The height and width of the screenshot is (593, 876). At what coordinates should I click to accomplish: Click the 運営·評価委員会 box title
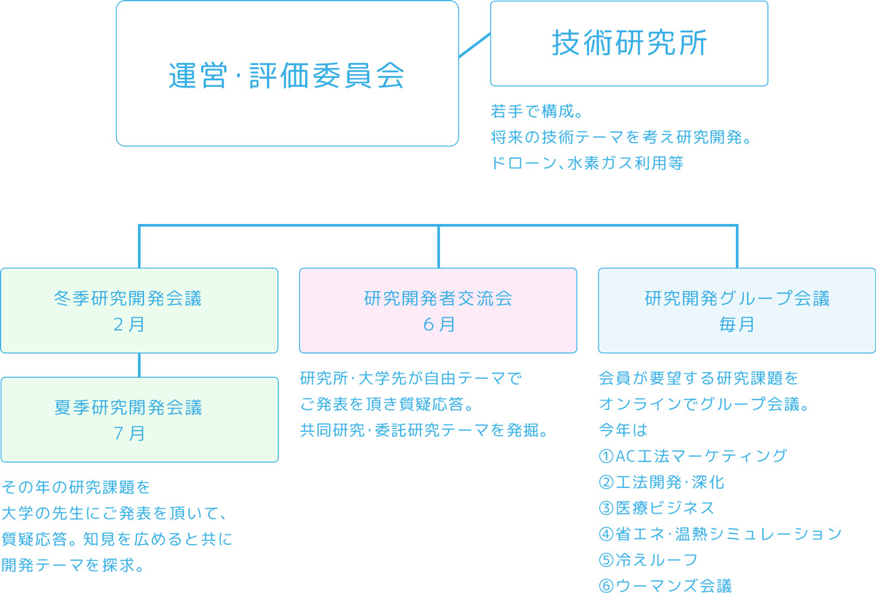pyautogui.click(x=287, y=75)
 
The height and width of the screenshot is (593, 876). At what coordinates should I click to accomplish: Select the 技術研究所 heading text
pyautogui.click(x=629, y=42)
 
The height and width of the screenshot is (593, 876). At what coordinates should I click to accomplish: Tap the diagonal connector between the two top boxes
pyautogui.click(x=474, y=45)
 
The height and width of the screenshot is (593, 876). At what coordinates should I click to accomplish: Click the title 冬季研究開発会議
pyautogui.click(x=128, y=298)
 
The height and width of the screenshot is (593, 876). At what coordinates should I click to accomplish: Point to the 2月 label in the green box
pyautogui.click(x=129, y=325)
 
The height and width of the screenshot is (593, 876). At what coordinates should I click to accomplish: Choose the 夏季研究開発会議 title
pyautogui.click(x=128, y=408)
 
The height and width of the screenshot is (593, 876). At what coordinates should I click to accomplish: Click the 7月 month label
pyautogui.click(x=129, y=433)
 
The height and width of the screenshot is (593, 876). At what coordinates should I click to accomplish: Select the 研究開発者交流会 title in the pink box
pyautogui.click(x=439, y=298)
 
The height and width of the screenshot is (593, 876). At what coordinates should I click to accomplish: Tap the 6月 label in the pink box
pyautogui.click(x=439, y=325)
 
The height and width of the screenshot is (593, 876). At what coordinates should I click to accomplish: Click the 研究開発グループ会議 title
pyautogui.click(x=737, y=298)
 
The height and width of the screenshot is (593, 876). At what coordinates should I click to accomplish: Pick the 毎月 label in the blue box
pyautogui.click(x=737, y=325)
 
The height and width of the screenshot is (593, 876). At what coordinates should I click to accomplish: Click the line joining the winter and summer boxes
pyautogui.click(x=139, y=365)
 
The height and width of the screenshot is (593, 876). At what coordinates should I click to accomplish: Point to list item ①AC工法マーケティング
pyautogui.click(x=693, y=456)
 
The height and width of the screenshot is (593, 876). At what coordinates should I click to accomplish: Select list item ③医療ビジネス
pyautogui.click(x=656, y=508)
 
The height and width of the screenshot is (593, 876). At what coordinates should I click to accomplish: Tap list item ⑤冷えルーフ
pyautogui.click(x=648, y=559)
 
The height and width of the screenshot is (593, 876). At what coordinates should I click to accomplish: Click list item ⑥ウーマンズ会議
pyautogui.click(x=665, y=586)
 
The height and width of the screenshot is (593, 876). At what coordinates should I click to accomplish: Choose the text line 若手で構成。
pyautogui.click(x=537, y=112)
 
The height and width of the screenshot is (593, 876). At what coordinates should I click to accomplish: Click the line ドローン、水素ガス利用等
pyautogui.click(x=587, y=163)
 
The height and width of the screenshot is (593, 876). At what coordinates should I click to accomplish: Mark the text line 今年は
pyautogui.click(x=623, y=430)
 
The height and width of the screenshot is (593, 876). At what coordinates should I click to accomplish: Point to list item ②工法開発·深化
pyautogui.click(x=661, y=482)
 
